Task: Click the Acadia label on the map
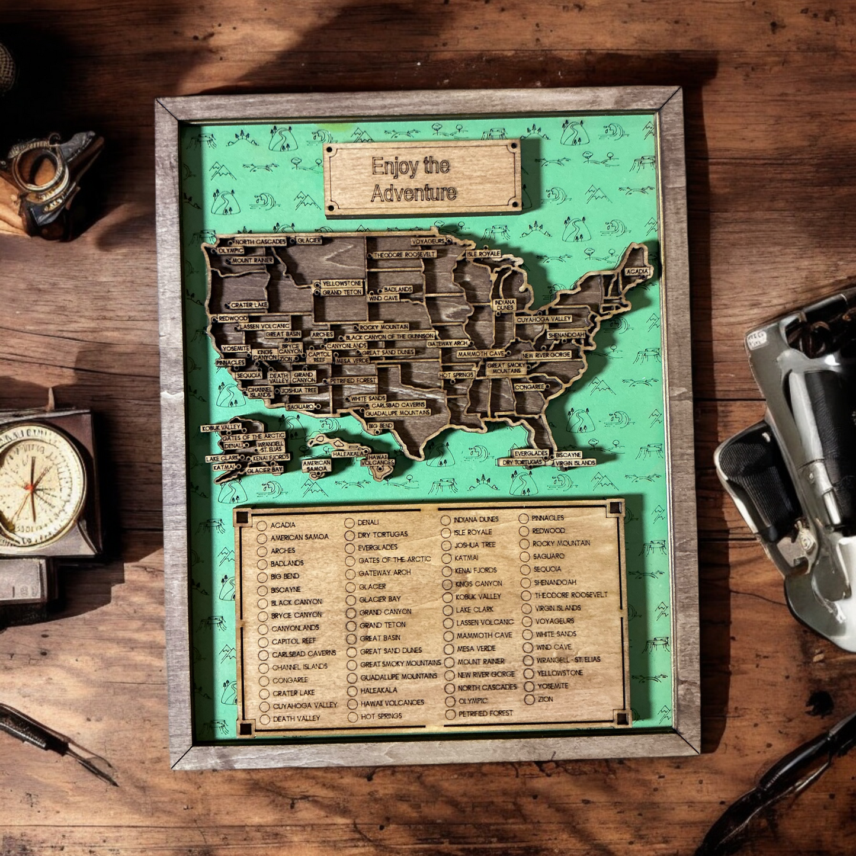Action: (x=637, y=271)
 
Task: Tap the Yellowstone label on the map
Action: (x=341, y=284)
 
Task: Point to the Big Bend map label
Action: (x=380, y=426)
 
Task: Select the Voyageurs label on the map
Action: (x=428, y=242)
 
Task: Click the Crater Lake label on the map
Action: (x=248, y=305)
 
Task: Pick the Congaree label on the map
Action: (x=529, y=387)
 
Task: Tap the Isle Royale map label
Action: (x=483, y=254)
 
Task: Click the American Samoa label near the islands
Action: (x=316, y=466)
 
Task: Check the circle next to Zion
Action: (x=529, y=700)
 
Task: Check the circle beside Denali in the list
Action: (x=350, y=522)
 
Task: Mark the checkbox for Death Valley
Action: (x=264, y=719)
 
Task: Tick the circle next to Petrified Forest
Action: (x=450, y=714)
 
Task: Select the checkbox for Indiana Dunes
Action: (x=445, y=520)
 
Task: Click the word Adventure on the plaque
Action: (x=413, y=193)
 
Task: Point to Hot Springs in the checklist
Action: (x=381, y=716)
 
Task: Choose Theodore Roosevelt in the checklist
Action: (x=570, y=595)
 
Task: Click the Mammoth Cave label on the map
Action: (x=480, y=354)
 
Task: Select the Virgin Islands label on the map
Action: (x=575, y=463)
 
